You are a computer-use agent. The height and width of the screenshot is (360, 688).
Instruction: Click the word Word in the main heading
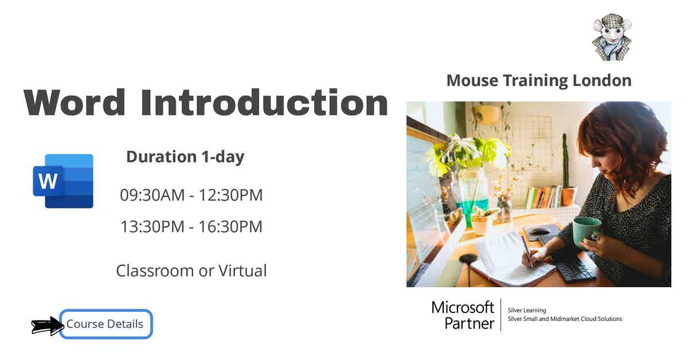click(x=75, y=103)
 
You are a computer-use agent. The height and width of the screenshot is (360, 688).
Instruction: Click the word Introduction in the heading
click(x=264, y=103)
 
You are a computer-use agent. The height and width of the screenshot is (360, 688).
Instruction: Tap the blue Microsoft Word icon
click(x=63, y=181)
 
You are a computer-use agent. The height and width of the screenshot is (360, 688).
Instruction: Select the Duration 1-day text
click(x=185, y=156)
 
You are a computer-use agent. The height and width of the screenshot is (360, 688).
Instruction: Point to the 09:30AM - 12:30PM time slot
click(x=191, y=195)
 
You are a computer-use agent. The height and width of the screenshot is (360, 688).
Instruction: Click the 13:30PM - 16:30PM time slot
click(x=191, y=226)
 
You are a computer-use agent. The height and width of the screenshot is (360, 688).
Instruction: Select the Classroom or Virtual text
click(x=191, y=271)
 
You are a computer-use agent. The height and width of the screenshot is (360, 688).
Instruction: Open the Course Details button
click(x=106, y=324)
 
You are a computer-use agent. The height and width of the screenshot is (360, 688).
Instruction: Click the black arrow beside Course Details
click(x=47, y=326)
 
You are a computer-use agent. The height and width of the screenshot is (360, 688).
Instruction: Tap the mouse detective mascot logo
click(x=611, y=37)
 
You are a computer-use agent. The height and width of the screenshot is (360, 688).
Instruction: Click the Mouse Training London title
click(x=538, y=80)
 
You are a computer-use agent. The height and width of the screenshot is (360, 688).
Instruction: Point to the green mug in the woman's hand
click(x=586, y=230)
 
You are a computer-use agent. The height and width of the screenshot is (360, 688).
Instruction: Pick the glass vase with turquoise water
click(x=473, y=198)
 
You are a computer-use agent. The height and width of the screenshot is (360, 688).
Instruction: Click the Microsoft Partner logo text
click(x=463, y=315)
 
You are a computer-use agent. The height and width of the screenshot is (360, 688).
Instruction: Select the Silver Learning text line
click(x=527, y=310)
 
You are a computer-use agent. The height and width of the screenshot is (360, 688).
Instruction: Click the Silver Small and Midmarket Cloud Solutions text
click(x=565, y=319)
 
